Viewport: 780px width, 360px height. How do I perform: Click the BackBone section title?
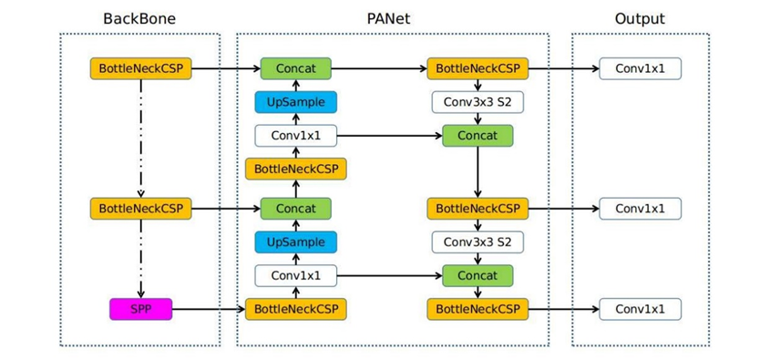[139, 18]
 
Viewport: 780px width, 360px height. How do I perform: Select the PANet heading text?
[392, 18]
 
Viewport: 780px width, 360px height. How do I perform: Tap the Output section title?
[639, 18]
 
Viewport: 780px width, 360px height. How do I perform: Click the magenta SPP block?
[140, 309]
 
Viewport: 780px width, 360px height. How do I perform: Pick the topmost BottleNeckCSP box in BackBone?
[140, 68]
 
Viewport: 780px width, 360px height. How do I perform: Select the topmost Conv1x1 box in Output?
[640, 68]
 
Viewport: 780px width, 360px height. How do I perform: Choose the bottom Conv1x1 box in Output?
[640, 309]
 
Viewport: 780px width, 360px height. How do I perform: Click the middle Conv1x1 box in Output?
[640, 209]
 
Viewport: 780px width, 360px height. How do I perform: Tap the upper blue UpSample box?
[295, 102]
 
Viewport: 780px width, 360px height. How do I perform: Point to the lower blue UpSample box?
[295, 242]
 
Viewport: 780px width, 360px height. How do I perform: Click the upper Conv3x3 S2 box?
[477, 102]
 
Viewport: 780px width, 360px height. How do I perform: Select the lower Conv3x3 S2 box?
[477, 242]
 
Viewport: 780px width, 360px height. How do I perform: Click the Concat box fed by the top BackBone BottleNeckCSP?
[295, 68]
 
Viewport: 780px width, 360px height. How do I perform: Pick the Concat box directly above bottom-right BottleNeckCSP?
[477, 275]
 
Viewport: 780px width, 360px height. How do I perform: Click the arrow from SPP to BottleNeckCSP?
[208, 309]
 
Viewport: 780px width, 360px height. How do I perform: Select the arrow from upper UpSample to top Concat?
[295, 85]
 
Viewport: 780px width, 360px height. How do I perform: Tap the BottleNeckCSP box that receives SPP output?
[295, 309]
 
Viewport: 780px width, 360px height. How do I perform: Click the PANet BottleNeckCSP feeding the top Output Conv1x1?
[477, 68]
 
